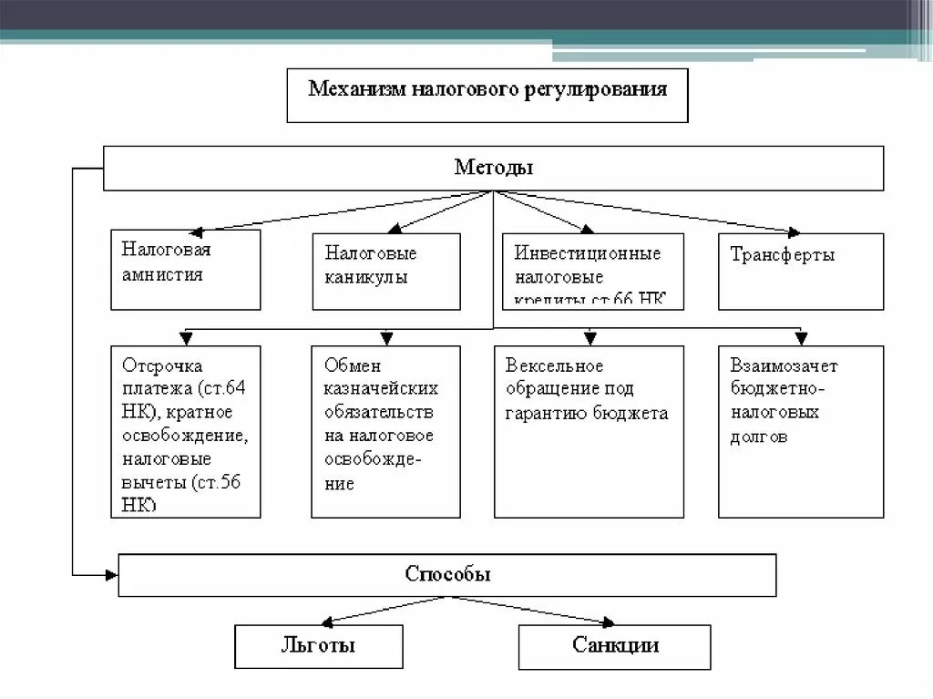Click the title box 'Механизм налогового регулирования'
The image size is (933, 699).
[x=487, y=94]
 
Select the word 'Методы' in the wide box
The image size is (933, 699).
[x=493, y=168]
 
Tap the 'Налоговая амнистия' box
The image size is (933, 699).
[x=185, y=269]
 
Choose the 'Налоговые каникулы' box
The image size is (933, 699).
[x=385, y=272]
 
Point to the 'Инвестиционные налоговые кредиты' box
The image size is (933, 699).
[x=592, y=272]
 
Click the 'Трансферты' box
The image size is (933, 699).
[x=800, y=272]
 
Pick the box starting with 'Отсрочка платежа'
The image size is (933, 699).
[x=185, y=431]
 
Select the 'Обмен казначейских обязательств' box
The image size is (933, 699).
[x=385, y=431]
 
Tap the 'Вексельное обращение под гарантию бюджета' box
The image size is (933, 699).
[x=589, y=431]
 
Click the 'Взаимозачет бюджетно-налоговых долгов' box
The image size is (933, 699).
[x=800, y=431]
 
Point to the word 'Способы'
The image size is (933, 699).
[x=447, y=575]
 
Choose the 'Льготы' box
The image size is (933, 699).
[x=318, y=646]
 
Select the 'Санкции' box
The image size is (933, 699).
[x=615, y=646]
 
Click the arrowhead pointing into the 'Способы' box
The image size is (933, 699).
[x=111, y=574]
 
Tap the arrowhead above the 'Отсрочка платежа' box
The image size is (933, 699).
[x=186, y=339]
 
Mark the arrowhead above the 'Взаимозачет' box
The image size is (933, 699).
[x=800, y=339]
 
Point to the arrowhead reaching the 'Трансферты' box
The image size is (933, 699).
[x=793, y=231]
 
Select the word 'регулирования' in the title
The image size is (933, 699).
[x=595, y=89]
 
